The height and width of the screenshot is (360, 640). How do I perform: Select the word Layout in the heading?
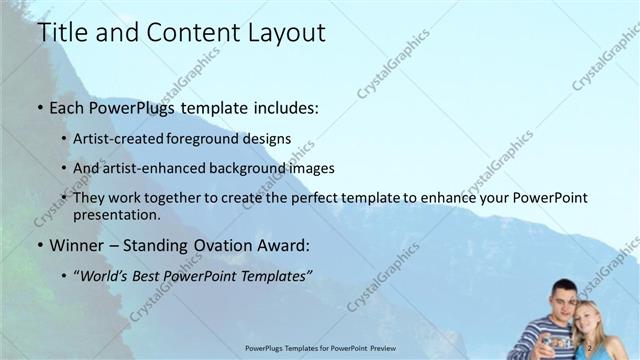click(x=284, y=32)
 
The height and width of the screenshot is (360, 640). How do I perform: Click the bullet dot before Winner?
click(x=40, y=245)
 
